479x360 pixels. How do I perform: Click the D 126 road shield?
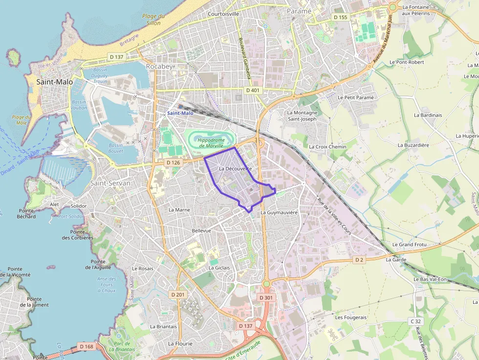point(174,162)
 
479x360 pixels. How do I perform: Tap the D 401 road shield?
point(253,90)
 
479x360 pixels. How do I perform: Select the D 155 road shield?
point(340,17)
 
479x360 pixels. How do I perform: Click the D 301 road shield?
point(266,297)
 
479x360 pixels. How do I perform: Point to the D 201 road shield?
point(178,295)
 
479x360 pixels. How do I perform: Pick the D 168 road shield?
point(86,346)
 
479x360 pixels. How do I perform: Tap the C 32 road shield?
point(415,321)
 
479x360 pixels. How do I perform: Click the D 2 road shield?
point(360,259)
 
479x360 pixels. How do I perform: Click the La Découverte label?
point(235,169)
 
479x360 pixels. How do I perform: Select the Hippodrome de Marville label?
point(211,143)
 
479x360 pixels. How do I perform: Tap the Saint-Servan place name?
point(110,183)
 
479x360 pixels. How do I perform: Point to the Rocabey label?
point(159,66)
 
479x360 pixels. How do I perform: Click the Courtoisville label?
point(223,14)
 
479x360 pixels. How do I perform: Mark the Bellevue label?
point(201,231)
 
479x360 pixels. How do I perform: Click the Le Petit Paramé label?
point(355,97)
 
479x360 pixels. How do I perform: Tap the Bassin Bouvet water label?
point(116,148)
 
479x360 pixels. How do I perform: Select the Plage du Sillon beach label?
point(153,20)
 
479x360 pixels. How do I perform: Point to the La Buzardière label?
point(413,145)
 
